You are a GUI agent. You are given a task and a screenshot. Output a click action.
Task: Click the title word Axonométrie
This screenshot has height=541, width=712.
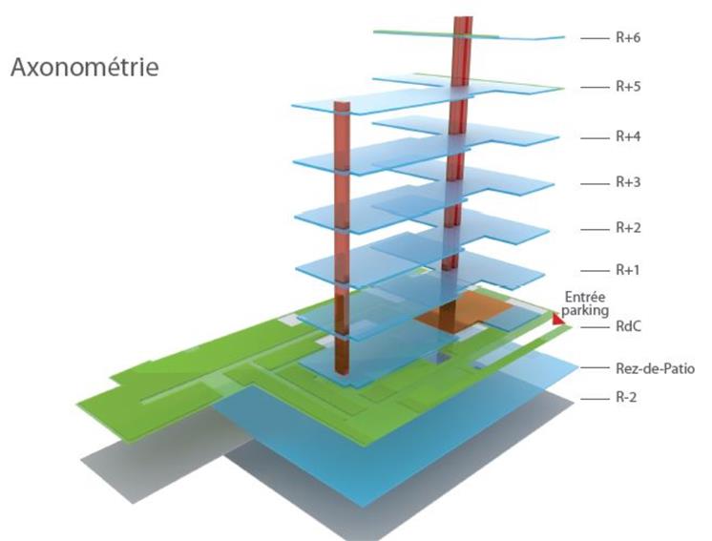coord(84,69)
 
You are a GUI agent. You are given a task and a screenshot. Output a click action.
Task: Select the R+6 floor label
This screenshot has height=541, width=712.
coord(628,39)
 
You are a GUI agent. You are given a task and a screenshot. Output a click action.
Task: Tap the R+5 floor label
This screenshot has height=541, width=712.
coord(628,87)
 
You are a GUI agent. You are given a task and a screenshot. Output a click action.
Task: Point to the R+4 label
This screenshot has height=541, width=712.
coord(628,136)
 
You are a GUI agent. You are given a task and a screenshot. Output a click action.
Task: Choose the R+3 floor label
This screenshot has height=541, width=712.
coord(628,181)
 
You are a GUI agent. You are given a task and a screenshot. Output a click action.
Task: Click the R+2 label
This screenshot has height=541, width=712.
coord(628,227)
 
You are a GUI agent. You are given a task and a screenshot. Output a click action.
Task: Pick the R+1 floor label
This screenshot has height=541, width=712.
coord(628,270)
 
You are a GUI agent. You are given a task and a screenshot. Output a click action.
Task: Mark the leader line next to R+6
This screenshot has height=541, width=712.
coord(594,39)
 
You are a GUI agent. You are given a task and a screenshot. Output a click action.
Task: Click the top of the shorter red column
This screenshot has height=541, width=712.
coord(343,103)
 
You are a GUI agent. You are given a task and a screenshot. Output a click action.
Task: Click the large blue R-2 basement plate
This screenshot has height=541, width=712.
coord(401,448)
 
